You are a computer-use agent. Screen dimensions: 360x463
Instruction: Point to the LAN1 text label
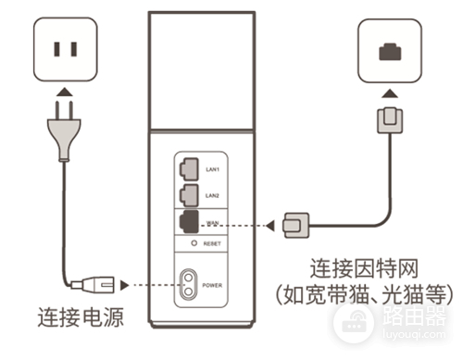pyautogui.click(x=212, y=169)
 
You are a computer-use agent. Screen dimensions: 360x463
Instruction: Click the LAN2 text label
pyautogui.click(x=212, y=196)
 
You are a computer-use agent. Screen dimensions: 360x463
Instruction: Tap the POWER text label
pyautogui.click(x=216, y=285)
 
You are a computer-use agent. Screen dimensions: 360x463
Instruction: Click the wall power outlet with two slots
pyautogui.click(x=64, y=48)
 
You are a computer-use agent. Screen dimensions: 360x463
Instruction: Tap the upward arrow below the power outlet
pyautogui.click(x=62, y=93)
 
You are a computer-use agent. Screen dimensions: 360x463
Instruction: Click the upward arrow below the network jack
pyautogui.click(x=389, y=93)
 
